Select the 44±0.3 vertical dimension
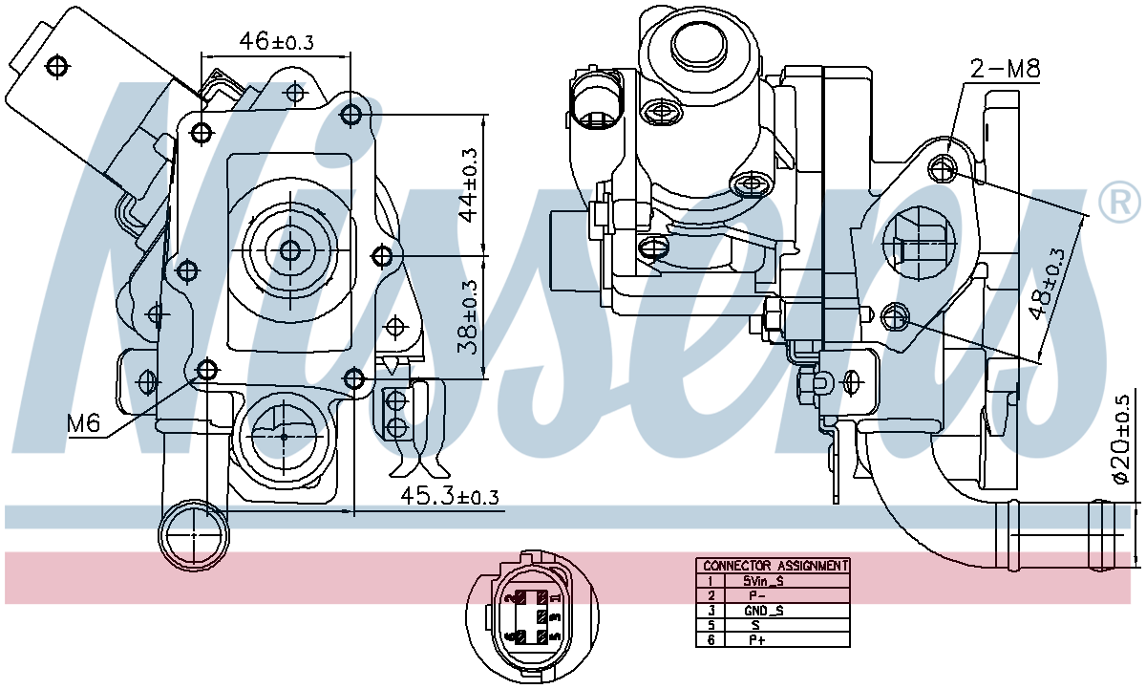(468, 184)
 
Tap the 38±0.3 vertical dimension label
(468, 316)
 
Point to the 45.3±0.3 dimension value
(449, 497)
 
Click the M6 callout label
(84, 423)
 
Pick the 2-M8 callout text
(1005, 69)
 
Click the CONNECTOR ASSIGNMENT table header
(773, 566)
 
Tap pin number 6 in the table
(711, 639)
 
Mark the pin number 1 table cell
(711, 580)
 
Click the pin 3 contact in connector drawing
(543, 617)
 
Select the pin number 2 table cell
(711, 594)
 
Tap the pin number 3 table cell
(711, 610)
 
